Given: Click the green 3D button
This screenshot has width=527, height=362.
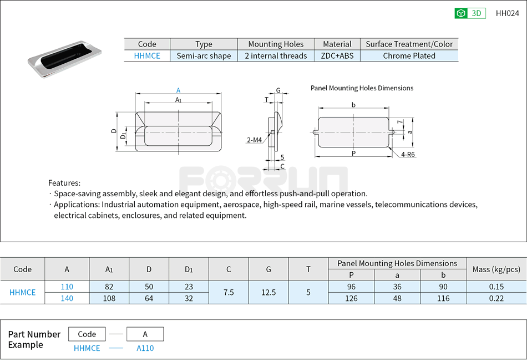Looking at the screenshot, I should pos(470,13).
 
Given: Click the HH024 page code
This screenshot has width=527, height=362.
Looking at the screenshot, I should pos(507,13).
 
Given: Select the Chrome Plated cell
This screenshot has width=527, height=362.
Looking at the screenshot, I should pos(409,55).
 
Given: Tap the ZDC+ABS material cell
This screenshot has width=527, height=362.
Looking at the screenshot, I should pos(337,55).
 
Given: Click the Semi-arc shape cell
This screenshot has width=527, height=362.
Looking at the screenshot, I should pos(204,55).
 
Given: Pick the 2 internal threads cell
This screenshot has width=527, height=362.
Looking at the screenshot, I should pos(276,55).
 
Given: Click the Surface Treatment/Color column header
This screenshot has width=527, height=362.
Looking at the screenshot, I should pos(409,44).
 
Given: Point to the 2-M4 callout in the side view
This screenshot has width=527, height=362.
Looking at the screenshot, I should pos(254,140).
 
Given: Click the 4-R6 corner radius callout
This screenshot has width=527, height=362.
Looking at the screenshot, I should pos(408,155).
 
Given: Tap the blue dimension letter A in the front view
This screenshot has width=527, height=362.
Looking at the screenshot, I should pos(178,90).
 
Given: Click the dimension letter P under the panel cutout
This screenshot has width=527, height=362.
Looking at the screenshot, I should pos(353,153).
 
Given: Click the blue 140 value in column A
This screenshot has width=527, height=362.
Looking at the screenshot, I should pos(67,298).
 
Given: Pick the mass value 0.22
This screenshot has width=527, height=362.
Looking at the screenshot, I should pos(496,298).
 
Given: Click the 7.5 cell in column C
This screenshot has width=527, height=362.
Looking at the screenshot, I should pos(229,292).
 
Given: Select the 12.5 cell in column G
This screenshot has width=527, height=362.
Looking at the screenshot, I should pos(268,292).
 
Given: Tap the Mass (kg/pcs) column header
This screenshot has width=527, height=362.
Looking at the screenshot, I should pos(496,269).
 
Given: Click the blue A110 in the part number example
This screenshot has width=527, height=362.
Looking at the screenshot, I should pos(145,348).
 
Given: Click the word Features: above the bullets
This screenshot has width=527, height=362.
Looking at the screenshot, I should pos(64,183).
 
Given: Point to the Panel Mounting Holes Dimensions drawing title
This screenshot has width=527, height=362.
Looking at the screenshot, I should pos(362,88).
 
